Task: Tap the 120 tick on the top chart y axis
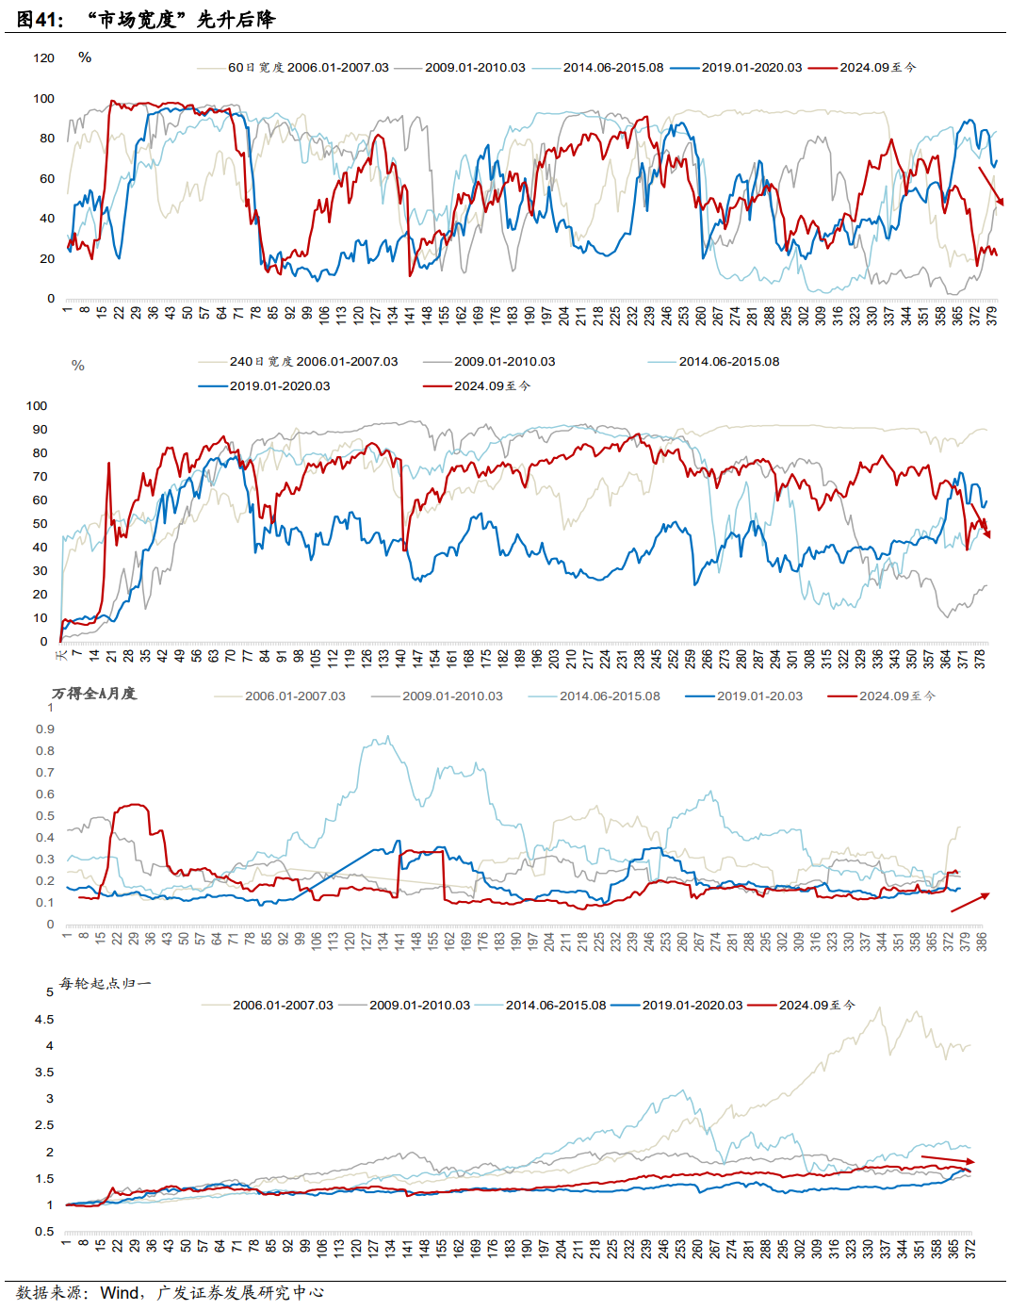[44, 58]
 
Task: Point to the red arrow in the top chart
[991, 187]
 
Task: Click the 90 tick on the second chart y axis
[40, 430]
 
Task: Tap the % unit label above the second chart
[78, 366]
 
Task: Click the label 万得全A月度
[94, 694]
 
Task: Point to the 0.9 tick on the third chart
[45, 729]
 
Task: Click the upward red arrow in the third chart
[970, 902]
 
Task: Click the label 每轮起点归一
[105, 984]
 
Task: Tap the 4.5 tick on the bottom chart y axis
[44, 1020]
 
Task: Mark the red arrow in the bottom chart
[947, 1159]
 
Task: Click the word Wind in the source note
[121, 1293]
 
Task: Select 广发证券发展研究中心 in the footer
[240, 1293]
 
